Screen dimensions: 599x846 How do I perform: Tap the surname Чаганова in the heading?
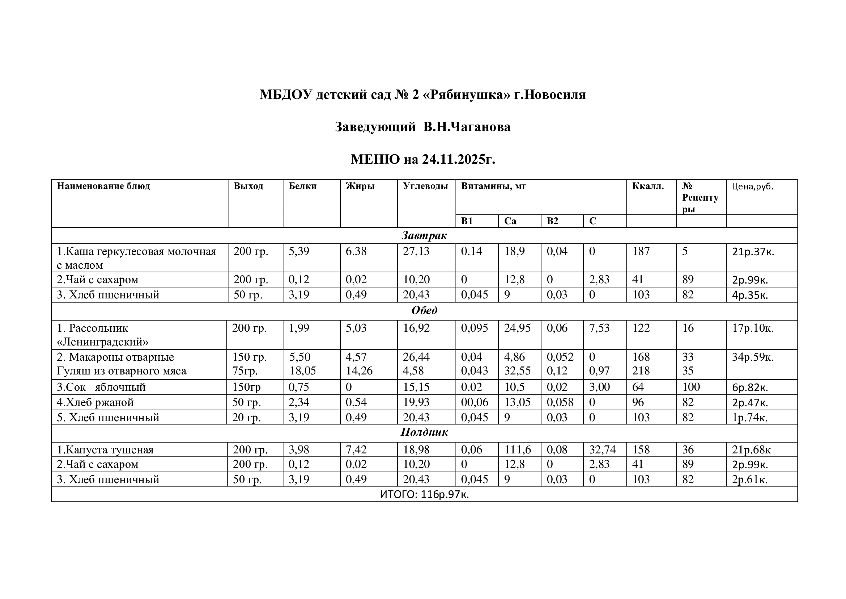[480, 127]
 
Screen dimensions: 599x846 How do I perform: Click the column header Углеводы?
[425, 186]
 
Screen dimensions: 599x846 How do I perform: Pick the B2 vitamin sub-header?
[552, 221]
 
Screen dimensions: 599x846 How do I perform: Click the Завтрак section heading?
[424, 235]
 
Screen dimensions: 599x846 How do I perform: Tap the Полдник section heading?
[424, 432]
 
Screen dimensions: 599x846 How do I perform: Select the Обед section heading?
[424, 310]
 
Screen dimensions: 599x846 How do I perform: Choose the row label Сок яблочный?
[101, 387]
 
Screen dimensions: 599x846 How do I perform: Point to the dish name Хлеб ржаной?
[95, 402]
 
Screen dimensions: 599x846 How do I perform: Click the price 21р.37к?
[753, 252]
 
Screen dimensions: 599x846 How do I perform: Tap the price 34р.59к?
[753, 357]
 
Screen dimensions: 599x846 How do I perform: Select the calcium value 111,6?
[517, 450]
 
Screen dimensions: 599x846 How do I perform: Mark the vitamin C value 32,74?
[603, 450]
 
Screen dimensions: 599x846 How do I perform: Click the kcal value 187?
[641, 251]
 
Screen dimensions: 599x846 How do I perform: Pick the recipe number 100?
[691, 387]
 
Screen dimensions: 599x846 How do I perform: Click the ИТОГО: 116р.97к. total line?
[424, 494]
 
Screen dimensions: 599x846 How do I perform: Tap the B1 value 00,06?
[475, 402]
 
